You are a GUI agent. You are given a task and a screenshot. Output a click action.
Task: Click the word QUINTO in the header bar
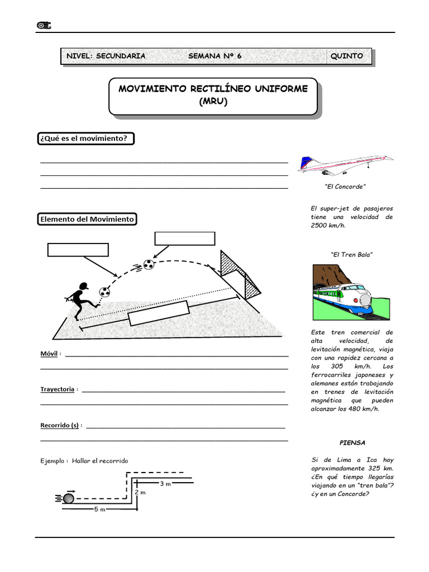pos(346,56)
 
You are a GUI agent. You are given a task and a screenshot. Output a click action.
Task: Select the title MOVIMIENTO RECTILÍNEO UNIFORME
pos(213,89)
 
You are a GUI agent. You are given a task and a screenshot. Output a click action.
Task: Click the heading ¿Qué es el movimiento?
pos(86,139)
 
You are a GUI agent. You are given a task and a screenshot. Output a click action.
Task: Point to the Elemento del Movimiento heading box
pos(87,219)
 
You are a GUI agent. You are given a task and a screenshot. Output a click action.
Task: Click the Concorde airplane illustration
pos(346,164)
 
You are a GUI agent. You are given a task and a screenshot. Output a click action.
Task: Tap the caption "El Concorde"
pos(345,187)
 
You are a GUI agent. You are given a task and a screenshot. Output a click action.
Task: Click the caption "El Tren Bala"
pos(352,254)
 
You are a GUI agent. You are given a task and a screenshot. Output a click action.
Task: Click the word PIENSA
pos(352,442)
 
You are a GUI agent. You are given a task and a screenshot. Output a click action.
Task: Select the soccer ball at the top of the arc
pos(149,264)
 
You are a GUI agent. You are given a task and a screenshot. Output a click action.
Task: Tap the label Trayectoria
pos(57,389)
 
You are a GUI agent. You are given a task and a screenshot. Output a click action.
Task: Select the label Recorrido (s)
pos(59,425)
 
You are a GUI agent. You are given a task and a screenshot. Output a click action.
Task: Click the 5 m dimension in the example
pos(98,509)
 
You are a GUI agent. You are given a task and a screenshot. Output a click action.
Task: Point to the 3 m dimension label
pos(165,484)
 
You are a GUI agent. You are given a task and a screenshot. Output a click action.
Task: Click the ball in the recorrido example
pos(69,497)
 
